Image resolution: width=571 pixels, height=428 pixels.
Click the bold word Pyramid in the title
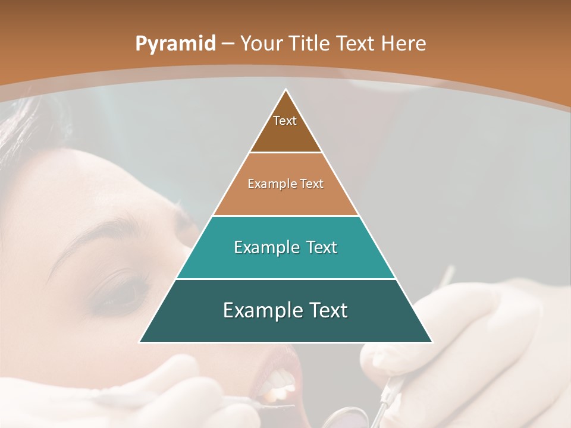click(175, 44)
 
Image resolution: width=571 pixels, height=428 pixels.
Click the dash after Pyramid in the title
click(228, 44)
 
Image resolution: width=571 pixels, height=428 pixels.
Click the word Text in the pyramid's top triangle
click(285, 121)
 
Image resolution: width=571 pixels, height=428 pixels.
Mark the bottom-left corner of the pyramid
click(140, 342)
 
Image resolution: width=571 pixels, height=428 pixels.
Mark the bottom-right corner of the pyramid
click(432, 342)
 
